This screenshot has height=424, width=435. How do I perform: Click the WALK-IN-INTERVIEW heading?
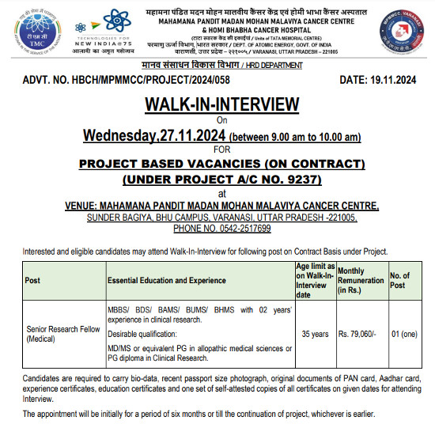[221, 104]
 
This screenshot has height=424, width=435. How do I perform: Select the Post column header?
[32, 280]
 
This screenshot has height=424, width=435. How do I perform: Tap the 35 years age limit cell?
[314, 333]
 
